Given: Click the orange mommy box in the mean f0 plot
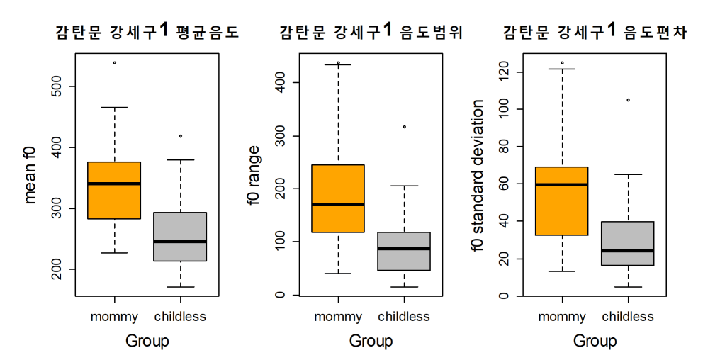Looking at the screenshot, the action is [x=114, y=190].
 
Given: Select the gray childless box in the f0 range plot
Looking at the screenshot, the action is [x=405, y=251].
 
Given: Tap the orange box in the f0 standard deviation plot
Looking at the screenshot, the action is [x=562, y=201].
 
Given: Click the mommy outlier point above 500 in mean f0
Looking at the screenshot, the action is [x=115, y=63].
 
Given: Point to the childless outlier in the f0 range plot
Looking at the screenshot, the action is [x=405, y=127].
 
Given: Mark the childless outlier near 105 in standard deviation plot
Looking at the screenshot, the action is [x=628, y=100].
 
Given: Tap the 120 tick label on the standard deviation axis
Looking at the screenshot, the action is [x=505, y=72].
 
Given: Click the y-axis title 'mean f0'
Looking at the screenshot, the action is [x=30, y=175].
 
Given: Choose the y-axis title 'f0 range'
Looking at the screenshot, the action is [x=254, y=175].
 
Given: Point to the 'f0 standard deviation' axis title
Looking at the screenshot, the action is [x=477, y=175].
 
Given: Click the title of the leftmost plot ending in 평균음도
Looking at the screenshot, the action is [x=147, y=31].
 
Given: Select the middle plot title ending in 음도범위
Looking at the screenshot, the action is [x=371, y=31].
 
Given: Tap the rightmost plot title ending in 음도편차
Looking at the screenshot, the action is [x=595, y=31].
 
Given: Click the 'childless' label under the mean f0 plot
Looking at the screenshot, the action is [x=180, y=317].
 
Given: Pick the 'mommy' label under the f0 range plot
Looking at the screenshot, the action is [x=338, y=317].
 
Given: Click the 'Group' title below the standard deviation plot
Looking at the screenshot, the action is [x=595, y=341].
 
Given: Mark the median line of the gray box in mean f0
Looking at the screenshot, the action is [x=180, y=242].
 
